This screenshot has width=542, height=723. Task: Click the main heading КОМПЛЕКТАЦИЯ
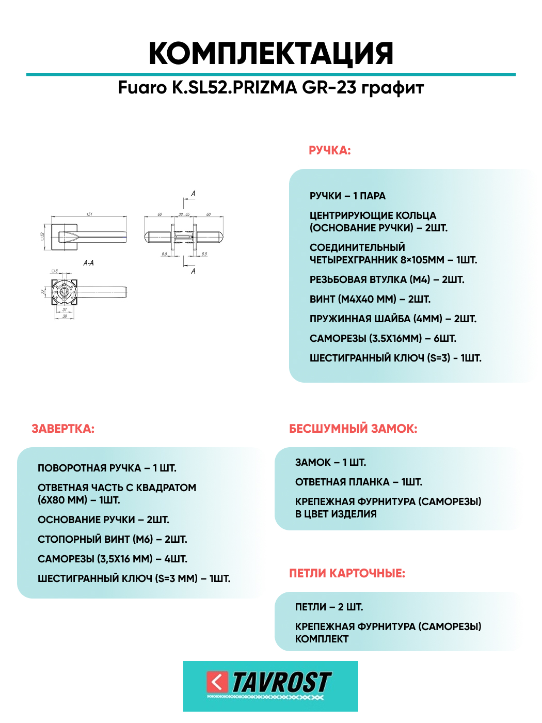pos(271,54)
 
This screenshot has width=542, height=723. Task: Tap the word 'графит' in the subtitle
pos(392,88)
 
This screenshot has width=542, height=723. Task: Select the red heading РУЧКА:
pos(329,151)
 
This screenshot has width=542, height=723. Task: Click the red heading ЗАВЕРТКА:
pos(63,429)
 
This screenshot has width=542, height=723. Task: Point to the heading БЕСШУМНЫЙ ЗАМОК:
pos(353,429)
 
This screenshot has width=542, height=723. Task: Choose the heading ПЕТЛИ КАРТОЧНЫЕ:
pos(347,573)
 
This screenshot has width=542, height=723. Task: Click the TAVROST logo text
pos(281,682)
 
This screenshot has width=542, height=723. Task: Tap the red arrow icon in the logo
pos(217,682)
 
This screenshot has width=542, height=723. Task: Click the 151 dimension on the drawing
pos(89,214)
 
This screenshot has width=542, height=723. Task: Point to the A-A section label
pos(88,263)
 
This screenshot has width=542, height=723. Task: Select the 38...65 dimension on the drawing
pos(184,214)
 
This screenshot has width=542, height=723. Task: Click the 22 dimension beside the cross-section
pos(43,291)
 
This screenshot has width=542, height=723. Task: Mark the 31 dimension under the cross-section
pos(65,310)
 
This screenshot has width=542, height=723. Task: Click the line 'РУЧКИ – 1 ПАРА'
pos(347,196)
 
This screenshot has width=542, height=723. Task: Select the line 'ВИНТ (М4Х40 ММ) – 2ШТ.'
pos(370,300)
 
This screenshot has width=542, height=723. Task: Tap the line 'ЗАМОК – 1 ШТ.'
pos(330,463)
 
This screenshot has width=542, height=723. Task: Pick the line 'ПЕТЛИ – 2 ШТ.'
pos(329,607)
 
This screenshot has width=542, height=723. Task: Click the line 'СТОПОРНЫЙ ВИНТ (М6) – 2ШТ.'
pos(112,540)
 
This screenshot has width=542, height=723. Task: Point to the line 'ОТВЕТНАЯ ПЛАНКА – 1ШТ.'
pos(358,482)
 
